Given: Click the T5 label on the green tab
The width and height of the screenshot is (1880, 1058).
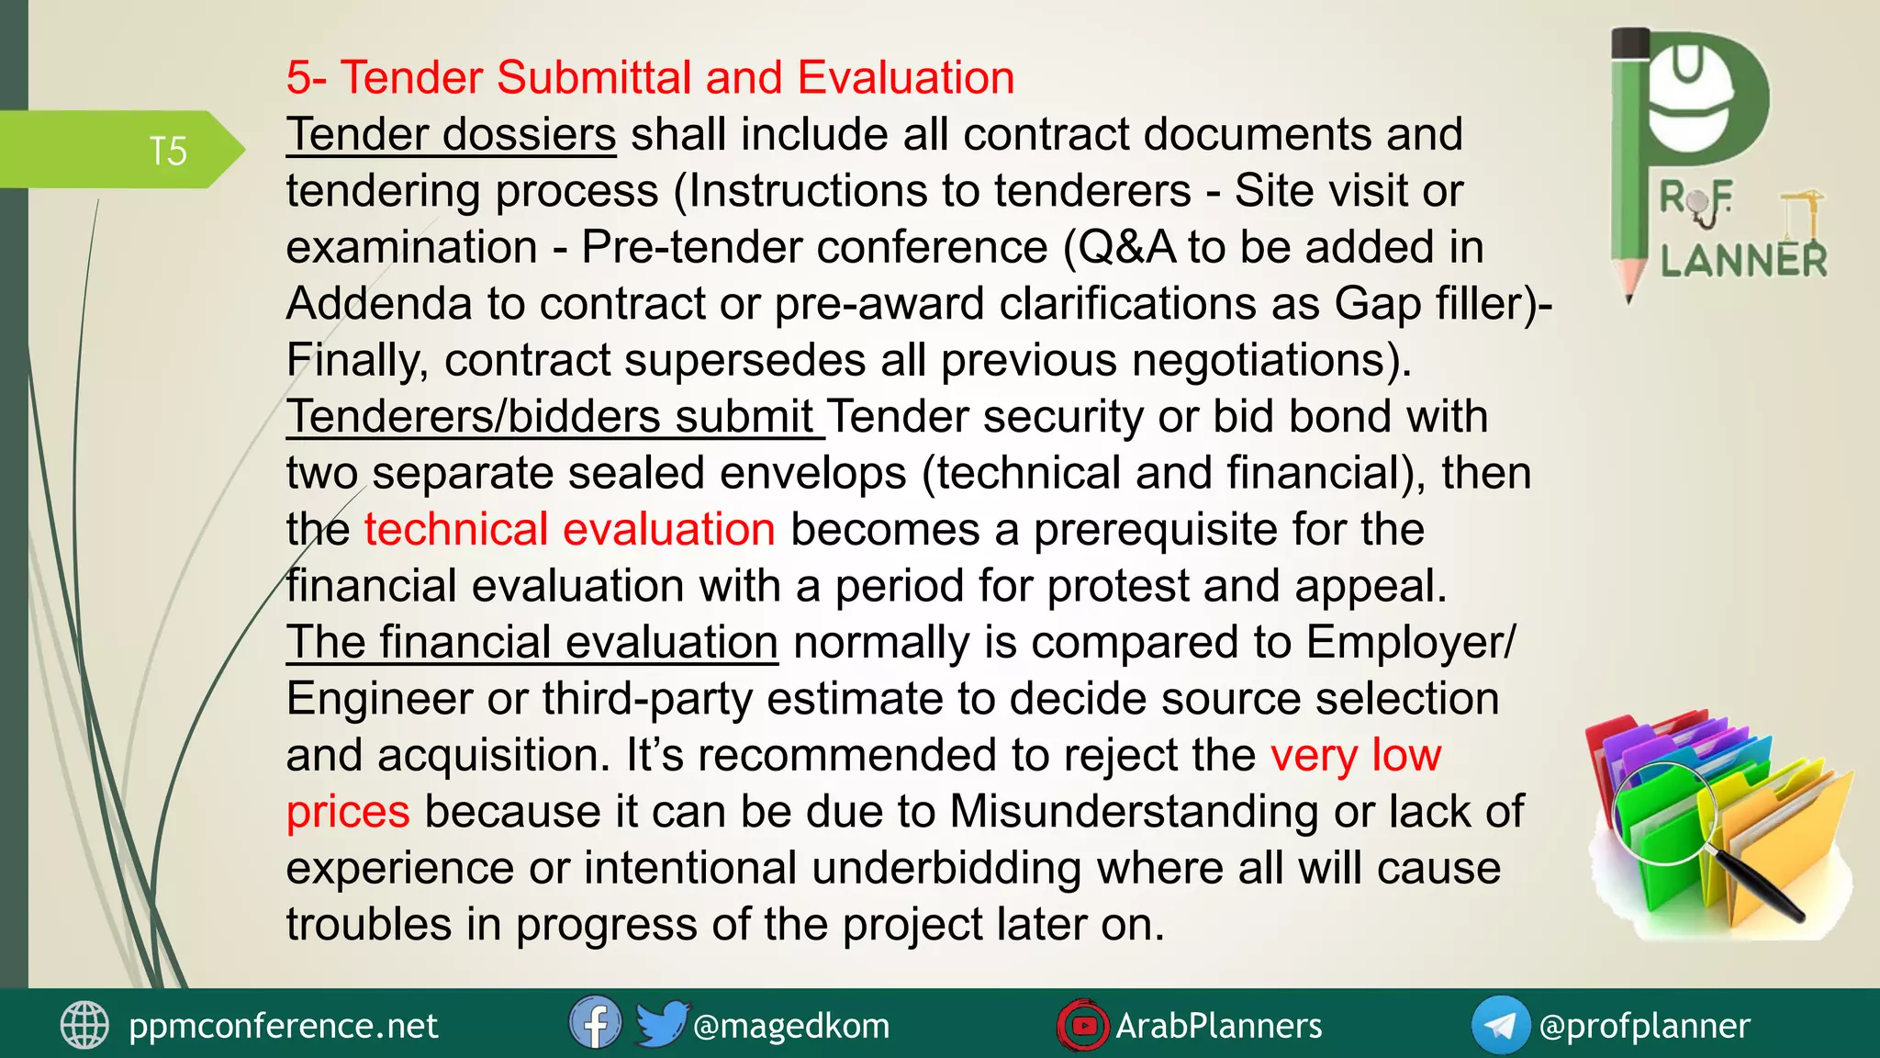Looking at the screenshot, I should pos(168,152).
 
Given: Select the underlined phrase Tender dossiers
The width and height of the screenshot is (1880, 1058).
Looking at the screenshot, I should pos(451,135).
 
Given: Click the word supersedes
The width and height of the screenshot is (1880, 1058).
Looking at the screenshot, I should pos(744,360).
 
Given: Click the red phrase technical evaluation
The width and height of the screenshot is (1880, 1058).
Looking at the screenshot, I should pos(570,530).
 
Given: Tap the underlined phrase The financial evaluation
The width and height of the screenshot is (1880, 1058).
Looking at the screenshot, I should pos(532,642).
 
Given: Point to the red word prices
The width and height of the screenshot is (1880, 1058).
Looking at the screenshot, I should pos(348,812).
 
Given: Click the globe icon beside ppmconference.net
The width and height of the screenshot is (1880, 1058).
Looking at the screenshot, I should pos(84,1025).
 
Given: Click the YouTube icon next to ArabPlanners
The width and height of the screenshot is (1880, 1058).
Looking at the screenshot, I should pos(1083,1025).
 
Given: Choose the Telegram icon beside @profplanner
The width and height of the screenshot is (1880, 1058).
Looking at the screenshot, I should pos(1500,1025).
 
